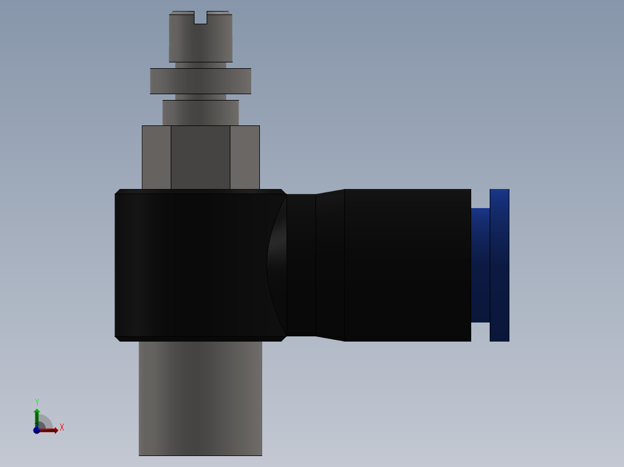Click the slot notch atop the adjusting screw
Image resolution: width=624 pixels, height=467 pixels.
(200, 18)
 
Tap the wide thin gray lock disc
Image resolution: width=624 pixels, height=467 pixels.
(200, 81)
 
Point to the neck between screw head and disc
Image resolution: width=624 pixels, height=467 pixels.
(200, 65)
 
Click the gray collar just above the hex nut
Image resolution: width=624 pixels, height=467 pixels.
(200, 113)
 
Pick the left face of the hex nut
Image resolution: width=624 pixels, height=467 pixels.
(156, 157)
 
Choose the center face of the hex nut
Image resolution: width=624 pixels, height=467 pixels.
(200, 157)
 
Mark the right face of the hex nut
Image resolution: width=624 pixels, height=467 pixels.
(245, 157)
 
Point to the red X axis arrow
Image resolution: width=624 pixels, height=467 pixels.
(50, 430)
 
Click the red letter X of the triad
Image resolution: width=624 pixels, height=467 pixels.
(62, 428)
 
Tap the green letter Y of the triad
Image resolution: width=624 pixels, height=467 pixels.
(37, 402)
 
